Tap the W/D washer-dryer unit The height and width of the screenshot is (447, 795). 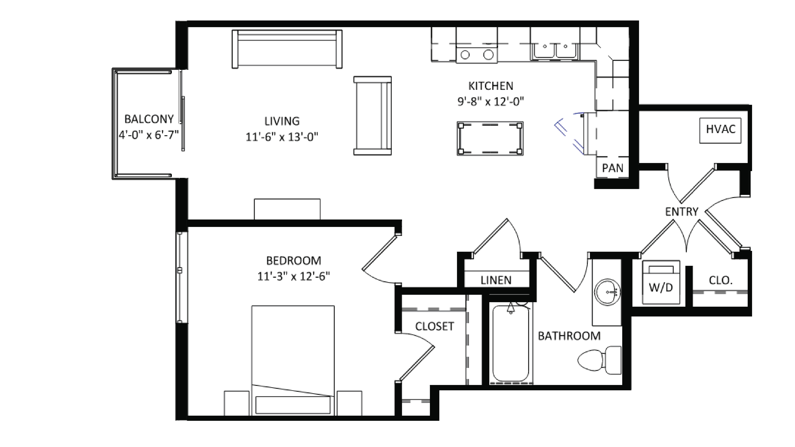pyautogui.click(x=661, y=282)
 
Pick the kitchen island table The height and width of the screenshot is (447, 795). pyautogui.click(x=490, y=138)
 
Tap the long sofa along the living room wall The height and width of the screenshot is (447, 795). pyautogui.click(x=287, y=49)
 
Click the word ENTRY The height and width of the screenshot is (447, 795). pyautogui.click(x=681, y=212)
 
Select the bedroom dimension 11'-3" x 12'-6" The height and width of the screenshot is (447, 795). pyautogui.click(x=293, y=276)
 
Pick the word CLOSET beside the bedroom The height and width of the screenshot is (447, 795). pyautogui.click(x=434, y=326)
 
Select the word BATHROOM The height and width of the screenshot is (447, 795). pyautogui.click(x=569, y=336)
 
